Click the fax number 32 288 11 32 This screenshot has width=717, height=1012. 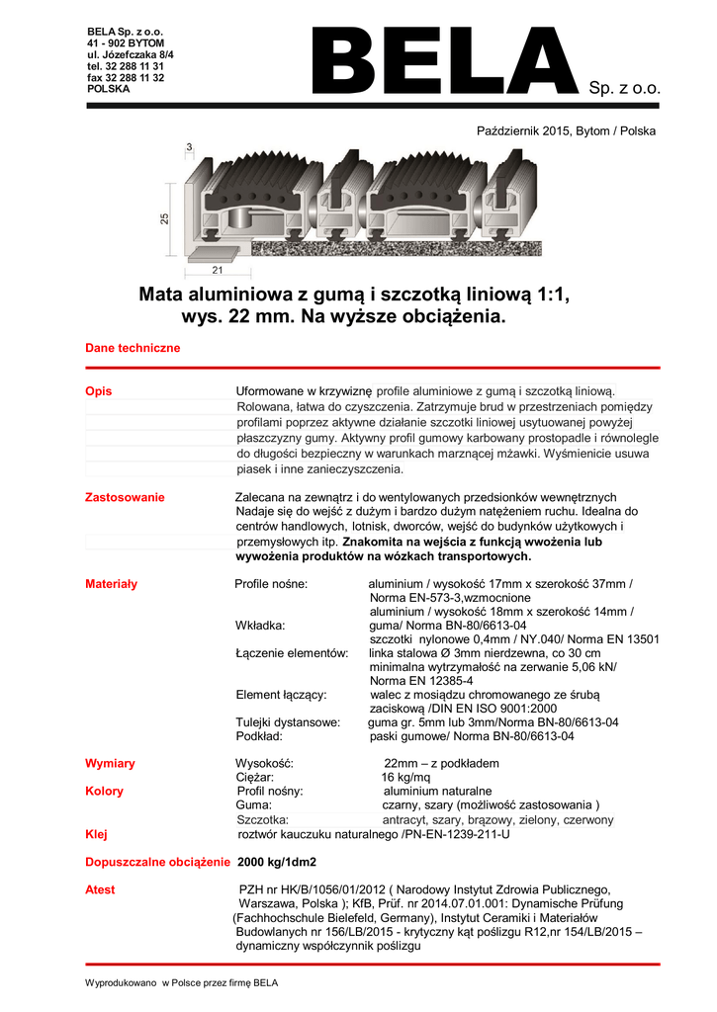[x=126, y=77]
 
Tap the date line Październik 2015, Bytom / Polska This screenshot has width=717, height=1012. [x=566, y=130]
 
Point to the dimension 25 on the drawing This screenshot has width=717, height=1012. [x=165, y=218]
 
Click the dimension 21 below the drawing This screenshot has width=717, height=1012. [x=216, y=270]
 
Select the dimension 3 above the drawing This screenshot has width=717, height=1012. [x=189, y=147]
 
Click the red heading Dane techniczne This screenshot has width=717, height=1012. [x=133, y=349]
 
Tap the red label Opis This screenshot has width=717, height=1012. [x=99, y=391]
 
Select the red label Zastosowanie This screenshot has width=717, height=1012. [x=125, y=497]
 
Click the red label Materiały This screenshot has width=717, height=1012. [x=112, y=584]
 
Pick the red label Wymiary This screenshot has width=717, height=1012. [x=110, y=763]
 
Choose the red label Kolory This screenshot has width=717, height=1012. [x=106, y=791]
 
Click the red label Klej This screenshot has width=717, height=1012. [x=96, y=835]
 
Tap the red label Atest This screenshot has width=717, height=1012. [x=100, y=889]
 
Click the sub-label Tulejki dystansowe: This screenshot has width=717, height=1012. [x=289, y=722]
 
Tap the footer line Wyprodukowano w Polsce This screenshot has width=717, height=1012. [x=182, y=982]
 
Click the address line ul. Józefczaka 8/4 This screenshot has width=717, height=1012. [x=131, y=54]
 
